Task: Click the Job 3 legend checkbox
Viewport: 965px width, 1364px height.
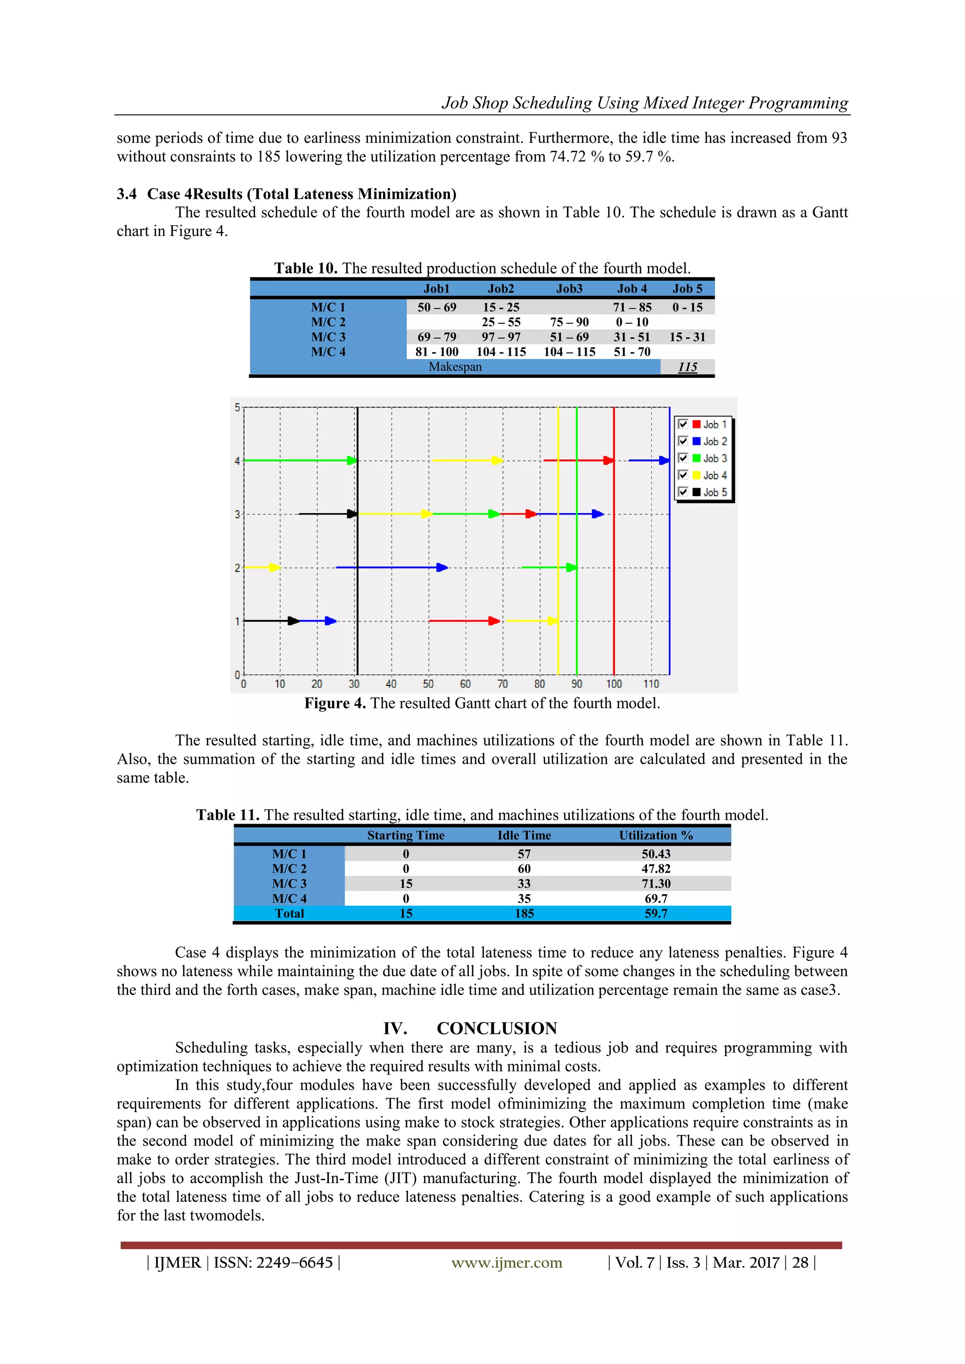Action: point(683,458)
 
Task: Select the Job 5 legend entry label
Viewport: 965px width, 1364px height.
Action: point(715,492)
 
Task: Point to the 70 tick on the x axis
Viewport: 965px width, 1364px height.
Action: point(502,684)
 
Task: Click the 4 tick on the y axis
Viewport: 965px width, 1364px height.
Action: point(237,461)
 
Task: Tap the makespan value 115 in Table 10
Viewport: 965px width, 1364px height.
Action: point(687,367)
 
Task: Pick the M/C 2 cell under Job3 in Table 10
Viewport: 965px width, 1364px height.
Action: point(569,322)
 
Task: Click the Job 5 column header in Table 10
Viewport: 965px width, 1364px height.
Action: point(687,289)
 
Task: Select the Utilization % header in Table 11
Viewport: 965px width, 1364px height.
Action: point(655,835)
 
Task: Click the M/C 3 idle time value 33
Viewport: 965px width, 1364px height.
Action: point(523,883)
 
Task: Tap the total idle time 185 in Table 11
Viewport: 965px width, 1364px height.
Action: point(523,914)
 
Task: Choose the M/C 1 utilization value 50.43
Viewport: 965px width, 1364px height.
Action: point(655,854)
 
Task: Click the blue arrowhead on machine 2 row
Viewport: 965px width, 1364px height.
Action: point(442,567)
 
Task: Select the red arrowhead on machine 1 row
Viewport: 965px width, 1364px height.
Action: point(494,621)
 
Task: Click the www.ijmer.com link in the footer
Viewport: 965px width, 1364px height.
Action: point(506,1262)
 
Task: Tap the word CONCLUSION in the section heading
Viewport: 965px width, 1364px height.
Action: point(497,1029)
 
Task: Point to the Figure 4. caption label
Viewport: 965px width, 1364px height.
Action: point(335,703)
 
